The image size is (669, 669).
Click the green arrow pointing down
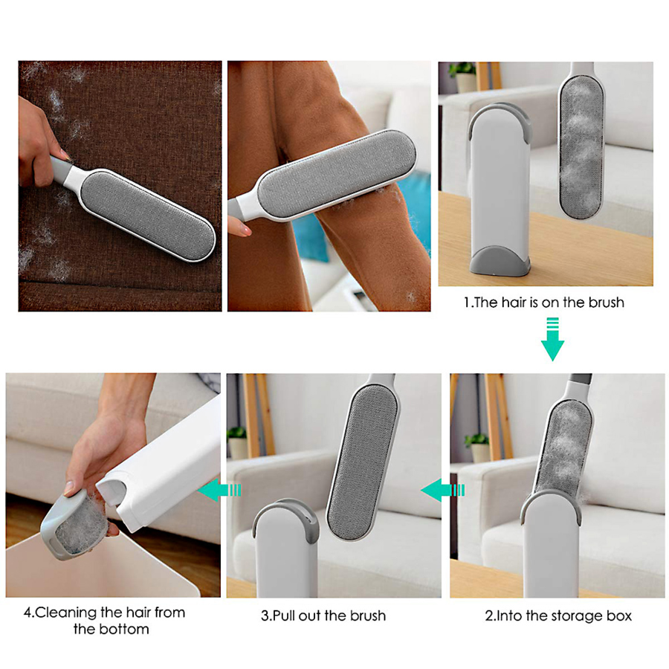point(552,339)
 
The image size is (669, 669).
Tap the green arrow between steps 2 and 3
point(442,490)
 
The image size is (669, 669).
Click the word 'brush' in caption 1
point(607,303)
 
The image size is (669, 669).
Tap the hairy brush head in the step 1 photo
point(581,146)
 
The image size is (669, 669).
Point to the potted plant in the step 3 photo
point(237,442)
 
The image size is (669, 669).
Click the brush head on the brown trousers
point(337,174)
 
